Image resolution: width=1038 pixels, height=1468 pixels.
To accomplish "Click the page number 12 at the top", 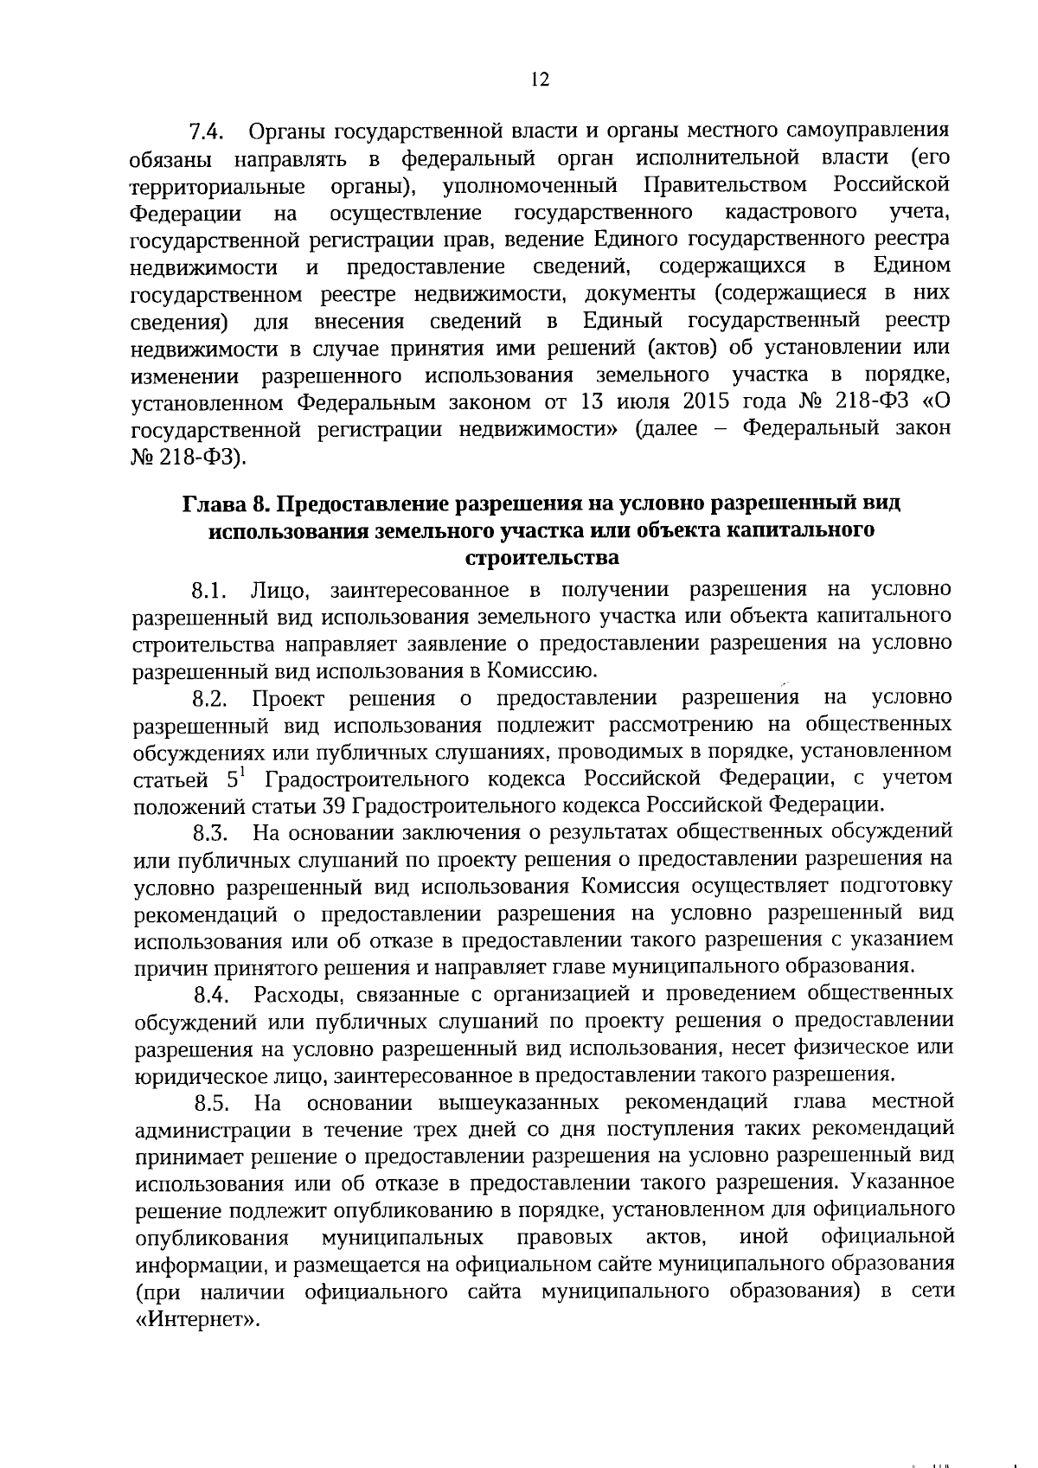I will [540, 80].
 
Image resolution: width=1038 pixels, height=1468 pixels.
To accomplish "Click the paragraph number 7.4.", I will [207, 131].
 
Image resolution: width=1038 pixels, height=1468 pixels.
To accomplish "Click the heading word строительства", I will [542, 557].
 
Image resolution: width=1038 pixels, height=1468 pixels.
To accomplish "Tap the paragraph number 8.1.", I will [208, 591].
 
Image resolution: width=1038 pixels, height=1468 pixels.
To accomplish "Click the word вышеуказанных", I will [519, 1102].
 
